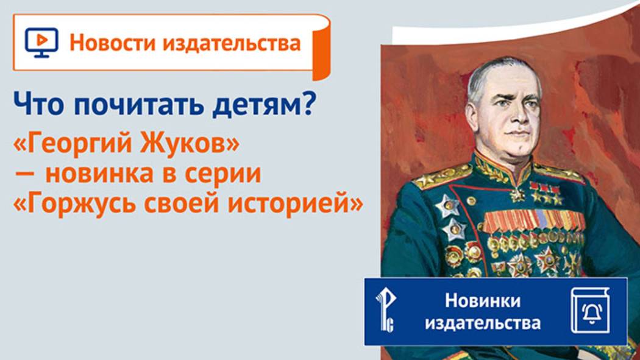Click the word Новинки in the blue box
click(483, 300)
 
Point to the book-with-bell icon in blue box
click(589, 311)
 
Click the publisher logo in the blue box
click(385, 311)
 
